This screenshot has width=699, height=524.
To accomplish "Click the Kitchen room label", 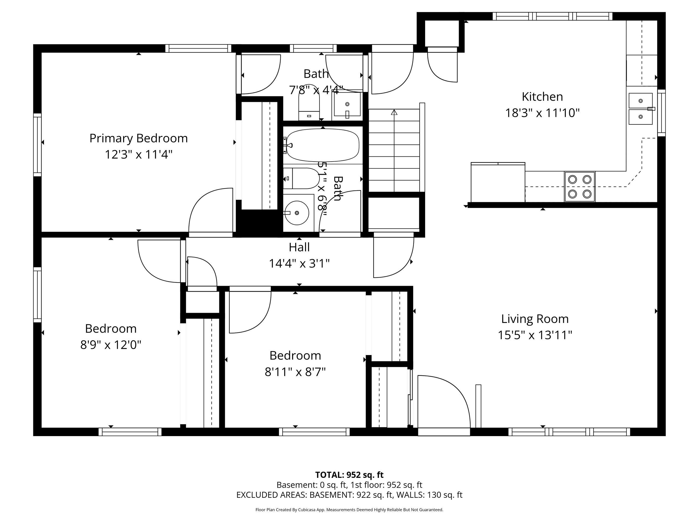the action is pyautogui.click(x=542, y=97).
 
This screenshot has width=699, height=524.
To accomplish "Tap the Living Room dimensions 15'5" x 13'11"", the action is pyautogui.click(x=535, y=335).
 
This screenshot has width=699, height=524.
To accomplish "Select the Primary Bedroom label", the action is pyautogui.click(x=138, y=138).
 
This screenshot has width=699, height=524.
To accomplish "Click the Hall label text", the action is pyautogui.click(x=299, y=247).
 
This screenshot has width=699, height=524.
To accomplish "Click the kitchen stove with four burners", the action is pyautogui.click(x=580, y=187).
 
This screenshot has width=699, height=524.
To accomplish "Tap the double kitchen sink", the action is pyautogui.click(x=641, y=109).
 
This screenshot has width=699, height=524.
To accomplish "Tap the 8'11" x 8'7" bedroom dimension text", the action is pyautogui.click(x=295, y=372).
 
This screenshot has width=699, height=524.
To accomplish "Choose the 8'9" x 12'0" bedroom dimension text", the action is pyautogui.click(x=111, y=345).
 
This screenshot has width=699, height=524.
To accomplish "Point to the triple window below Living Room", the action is pyautogui.click(x=569, y=432).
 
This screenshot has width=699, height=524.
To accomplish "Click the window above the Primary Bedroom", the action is pyautogui.click(x=199, y=48).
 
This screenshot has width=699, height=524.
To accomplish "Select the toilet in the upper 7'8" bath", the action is pyautogui.click(x=309, y=103).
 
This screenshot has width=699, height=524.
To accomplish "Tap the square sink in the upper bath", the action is pyautogui.click(x=347, y=105).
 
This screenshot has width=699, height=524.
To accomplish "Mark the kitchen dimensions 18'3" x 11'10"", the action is pyautogui.click(x=542, y=113).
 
